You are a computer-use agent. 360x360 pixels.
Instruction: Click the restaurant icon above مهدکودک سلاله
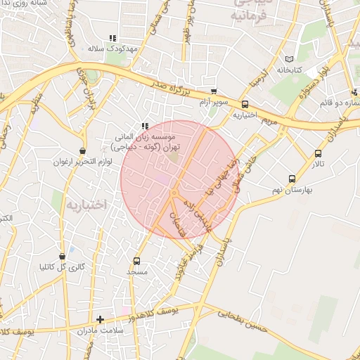(112, 39)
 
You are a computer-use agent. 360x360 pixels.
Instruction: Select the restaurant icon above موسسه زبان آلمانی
(146, 126)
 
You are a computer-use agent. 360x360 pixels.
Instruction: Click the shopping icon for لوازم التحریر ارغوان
(84, 150)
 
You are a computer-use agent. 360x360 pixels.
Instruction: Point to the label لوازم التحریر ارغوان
(79, 162)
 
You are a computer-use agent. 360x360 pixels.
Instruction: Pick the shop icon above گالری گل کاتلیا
(63, 257)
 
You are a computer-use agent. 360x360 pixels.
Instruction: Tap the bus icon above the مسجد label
(136, 261)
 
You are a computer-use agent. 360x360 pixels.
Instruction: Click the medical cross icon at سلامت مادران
(100, 319)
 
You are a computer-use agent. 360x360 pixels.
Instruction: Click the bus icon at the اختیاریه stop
(245, 104)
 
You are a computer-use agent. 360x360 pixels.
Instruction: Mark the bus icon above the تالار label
(319, 153)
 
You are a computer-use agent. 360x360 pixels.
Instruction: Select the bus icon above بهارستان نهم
(292, 179)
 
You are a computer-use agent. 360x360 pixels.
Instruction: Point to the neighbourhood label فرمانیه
(250, 13)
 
